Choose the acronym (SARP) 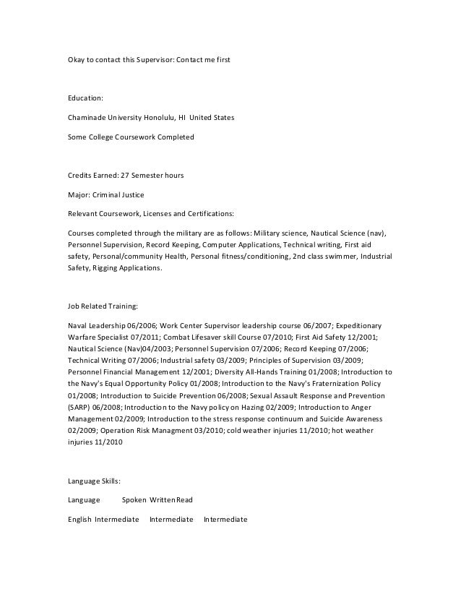79,407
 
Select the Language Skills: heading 94,480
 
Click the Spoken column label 134,499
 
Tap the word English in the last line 79,519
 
